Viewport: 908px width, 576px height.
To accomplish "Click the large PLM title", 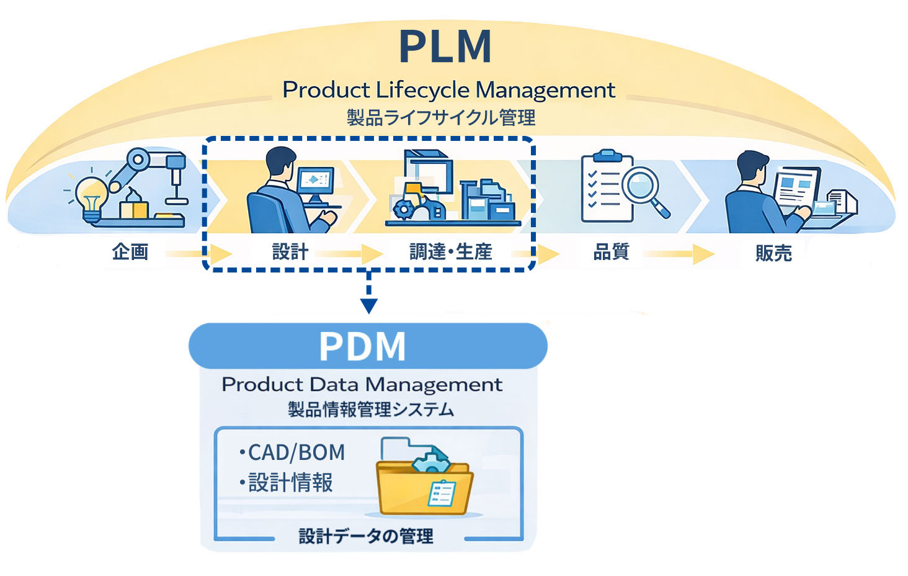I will pyautogui.click(x=445, y=47).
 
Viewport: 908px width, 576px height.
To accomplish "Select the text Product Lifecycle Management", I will pyautogui.click(x=448, y=91).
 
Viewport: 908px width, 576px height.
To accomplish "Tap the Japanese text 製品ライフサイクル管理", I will pyautogui.click(x=440, y=117).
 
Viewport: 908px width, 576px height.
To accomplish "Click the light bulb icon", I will pyautogui.click(x=92, y=195).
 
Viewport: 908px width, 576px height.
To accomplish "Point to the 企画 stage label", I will pyautogui.click(x=130, y=252).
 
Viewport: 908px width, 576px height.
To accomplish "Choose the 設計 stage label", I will pyautogui.click(x=290, y=252).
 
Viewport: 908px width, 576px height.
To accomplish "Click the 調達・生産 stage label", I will pyautogui.click(x=451, y=252).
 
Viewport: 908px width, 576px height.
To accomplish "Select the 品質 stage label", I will pyautogui.click(x=612, y=252).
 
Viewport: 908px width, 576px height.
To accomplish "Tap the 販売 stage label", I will pyautogui.click(x=773, y=253).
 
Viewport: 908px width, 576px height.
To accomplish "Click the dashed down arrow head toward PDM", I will pyautogui.click(x=369, y=305).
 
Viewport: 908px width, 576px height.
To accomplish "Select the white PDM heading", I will pyautogui.click(x=362, y=346).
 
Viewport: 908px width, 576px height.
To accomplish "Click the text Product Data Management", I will pyautogui.click(x=362, y=385).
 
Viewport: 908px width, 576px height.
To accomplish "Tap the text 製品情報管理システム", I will pyautogui.click(x=370, y=410).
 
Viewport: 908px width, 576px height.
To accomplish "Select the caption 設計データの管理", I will pyautogui.click(x=366, y=536).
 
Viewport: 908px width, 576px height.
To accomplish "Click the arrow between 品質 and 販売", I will pyautogui.click(x=680, y=254).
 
